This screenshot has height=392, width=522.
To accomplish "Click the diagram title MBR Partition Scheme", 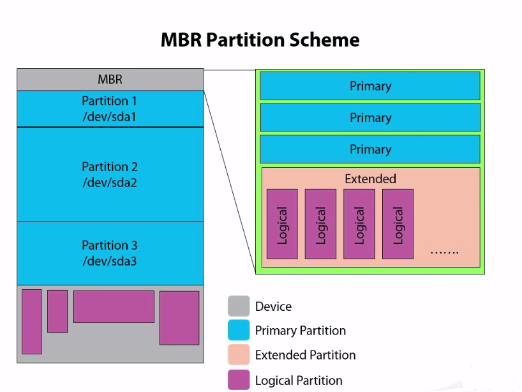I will [260, 40].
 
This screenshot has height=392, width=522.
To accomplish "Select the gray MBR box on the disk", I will [110, 80].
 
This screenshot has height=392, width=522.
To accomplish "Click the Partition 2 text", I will [109, 167].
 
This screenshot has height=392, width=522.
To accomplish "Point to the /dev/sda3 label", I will [109, 260].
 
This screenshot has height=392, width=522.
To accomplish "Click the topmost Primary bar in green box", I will [369, 86].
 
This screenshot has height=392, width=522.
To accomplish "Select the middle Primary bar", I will [369, 117].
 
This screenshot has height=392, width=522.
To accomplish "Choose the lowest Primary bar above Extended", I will [369, 149].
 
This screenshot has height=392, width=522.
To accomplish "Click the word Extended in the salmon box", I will [370, 179].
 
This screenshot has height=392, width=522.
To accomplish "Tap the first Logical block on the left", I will [282, 224].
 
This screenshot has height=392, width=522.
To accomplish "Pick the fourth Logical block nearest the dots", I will [398, 224].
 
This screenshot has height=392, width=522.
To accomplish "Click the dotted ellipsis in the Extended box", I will [444, 252].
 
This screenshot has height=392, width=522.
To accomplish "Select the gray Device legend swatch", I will [239, 306].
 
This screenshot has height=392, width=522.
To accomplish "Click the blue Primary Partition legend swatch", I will [239, 331].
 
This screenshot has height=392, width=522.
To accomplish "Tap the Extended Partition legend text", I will [305, 355].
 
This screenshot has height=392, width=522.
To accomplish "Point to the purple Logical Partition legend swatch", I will [239, 380].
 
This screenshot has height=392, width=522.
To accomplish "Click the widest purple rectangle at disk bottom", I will [114, 306].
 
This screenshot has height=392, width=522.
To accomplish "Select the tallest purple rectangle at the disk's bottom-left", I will [32, 321].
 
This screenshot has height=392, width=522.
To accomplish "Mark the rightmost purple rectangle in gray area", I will [179, 318].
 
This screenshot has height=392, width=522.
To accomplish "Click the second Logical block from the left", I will [320, 224].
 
